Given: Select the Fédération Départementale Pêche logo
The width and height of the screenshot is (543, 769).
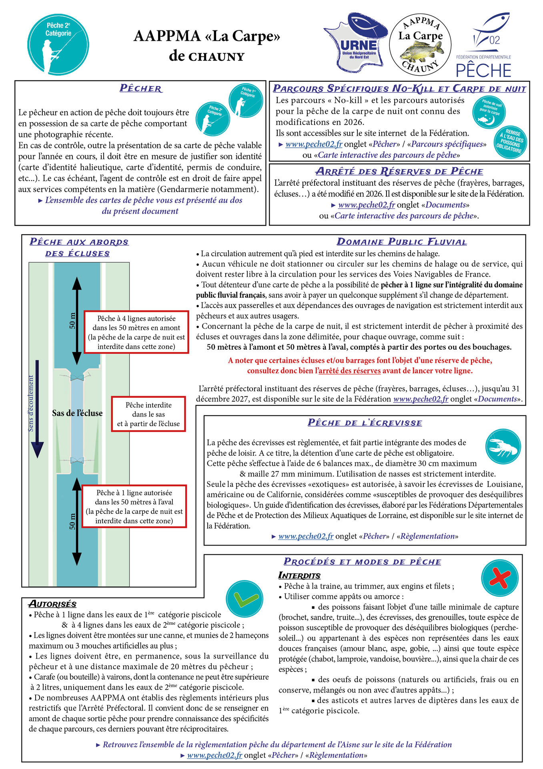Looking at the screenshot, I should (484, 46).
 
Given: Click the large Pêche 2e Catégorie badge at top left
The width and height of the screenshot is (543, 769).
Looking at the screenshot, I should (58, 44).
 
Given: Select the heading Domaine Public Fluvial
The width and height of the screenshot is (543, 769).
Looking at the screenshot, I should (401, 242).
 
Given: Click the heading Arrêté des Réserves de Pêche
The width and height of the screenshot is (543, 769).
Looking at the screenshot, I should (399, 171).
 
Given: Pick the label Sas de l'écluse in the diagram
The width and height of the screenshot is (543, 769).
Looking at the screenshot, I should (77, 413).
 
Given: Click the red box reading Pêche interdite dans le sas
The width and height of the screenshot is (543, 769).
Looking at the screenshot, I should (148, 414).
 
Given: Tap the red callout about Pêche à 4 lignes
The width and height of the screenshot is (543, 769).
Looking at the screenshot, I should (136, 332).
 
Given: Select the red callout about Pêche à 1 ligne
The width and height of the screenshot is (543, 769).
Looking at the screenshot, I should (134, 506).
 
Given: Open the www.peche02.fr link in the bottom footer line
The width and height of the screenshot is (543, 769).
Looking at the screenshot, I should (214, 755).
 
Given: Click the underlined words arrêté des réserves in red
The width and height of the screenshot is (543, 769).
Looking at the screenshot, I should (349, 371).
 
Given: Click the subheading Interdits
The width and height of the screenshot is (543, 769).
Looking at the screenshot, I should (299, 576).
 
